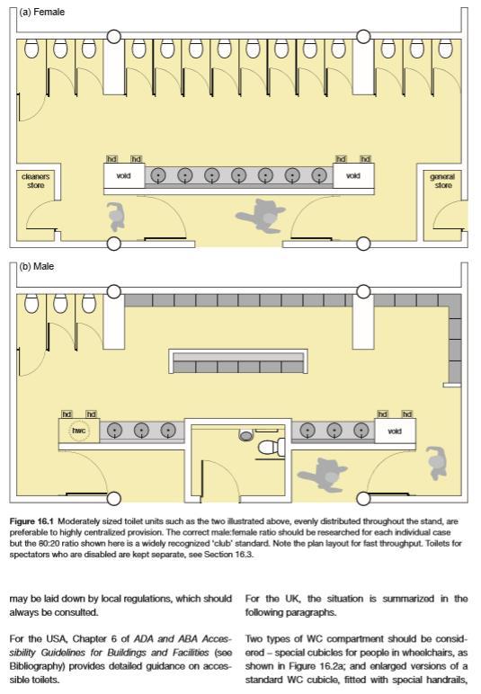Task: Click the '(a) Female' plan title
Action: (42, 12)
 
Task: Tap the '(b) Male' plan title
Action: (37, 266)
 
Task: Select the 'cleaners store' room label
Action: (36, 181)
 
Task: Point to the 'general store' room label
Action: (442, 181)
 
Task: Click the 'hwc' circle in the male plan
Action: (79, 431)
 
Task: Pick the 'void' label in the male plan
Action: (395, 431)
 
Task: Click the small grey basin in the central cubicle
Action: (246, 435)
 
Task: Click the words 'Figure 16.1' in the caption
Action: (31, 520)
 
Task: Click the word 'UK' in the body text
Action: (292, 599)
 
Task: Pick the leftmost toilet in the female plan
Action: (31, 49)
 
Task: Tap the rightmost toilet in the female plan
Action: (445, 49)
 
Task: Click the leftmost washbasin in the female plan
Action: (158, 175)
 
